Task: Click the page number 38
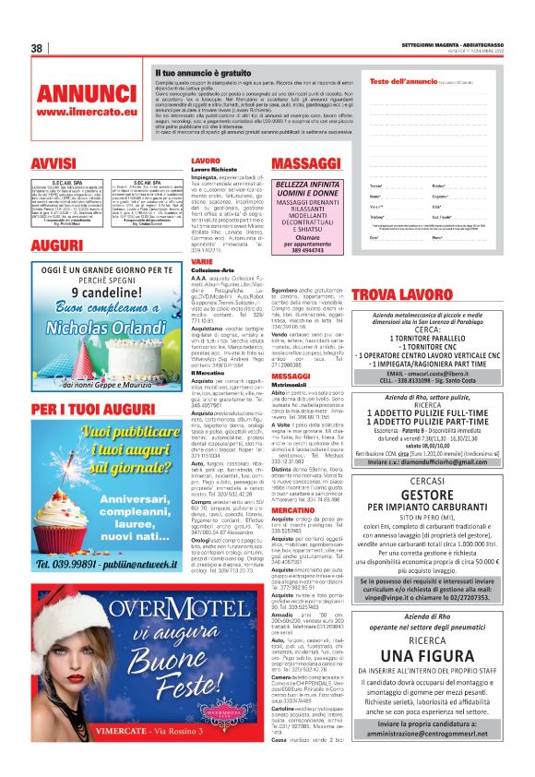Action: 38,49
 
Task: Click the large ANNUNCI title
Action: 86,94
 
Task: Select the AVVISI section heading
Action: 53,162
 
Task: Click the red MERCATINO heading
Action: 293,509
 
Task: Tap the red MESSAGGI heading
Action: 291,377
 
